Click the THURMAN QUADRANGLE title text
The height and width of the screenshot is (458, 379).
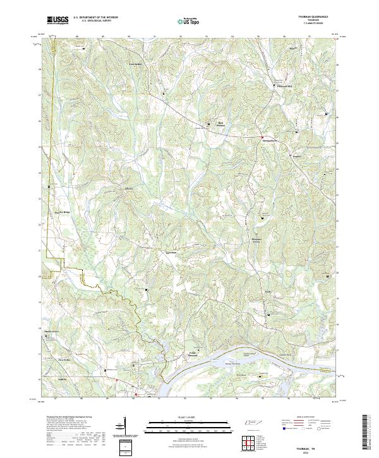click(x=313, y=16)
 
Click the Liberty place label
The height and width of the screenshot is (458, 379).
click(x=129, y=188)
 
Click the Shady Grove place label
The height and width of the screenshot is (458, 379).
click(x=51, y=330)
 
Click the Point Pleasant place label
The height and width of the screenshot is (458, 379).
click(x=194, y=354)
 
